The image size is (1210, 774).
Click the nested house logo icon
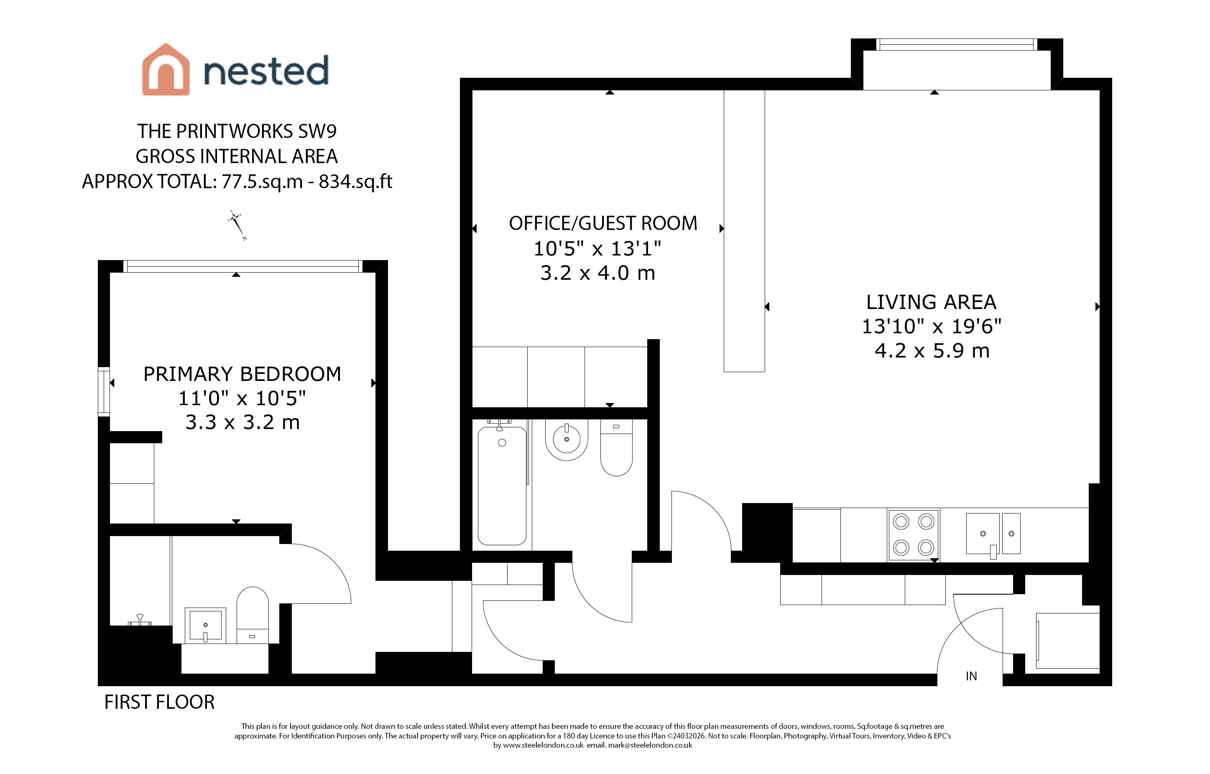point(166,69)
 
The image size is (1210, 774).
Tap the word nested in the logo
point(266,71)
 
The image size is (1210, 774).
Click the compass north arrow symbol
point(237,225)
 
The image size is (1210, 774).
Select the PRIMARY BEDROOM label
point(242,374)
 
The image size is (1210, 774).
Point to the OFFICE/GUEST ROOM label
point(603,223)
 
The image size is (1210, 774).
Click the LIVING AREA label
point(931,302)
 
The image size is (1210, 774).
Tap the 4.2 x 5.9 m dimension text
point(932,350)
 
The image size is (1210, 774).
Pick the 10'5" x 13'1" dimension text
point(597,248)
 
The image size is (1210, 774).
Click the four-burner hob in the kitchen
point(914,535)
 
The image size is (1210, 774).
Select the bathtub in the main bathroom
point(502,485)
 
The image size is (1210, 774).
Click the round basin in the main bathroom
point(567,440)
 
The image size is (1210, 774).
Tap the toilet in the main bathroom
point(617,448)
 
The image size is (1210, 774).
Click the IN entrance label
point(971,677)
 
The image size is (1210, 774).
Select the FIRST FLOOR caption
point(159,702)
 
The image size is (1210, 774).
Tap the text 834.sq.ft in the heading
point(355,181)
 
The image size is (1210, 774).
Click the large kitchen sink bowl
point(983,534)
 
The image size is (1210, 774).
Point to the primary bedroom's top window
point(243,266)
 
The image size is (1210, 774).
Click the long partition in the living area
point(744,231)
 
